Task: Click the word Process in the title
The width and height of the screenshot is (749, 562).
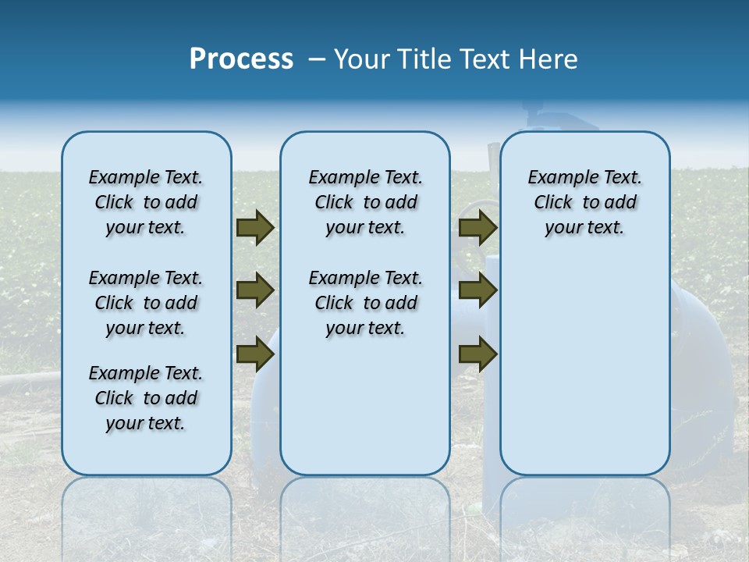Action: coord(241,59)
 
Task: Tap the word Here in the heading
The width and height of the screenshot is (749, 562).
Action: coord(549,59)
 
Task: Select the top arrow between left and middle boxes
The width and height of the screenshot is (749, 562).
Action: coord(255,228)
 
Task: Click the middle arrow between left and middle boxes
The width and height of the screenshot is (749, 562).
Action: coord(255,291)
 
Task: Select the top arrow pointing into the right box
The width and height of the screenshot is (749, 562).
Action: coord(477,228)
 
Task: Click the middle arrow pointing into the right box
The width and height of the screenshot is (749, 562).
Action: coord(477,290)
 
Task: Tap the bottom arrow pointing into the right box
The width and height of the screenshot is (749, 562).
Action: coord(477,355)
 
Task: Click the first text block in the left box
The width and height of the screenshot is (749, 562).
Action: coord(146,202)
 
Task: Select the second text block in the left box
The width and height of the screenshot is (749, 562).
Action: coord(146,303)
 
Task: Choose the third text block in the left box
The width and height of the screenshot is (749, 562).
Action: coord(146,398)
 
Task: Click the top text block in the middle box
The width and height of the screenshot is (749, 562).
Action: coord(365,202)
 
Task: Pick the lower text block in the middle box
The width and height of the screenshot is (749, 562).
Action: coord(365,303)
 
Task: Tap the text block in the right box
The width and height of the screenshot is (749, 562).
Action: coord(584,202)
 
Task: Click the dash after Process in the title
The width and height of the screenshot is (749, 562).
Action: coord(316,59)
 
